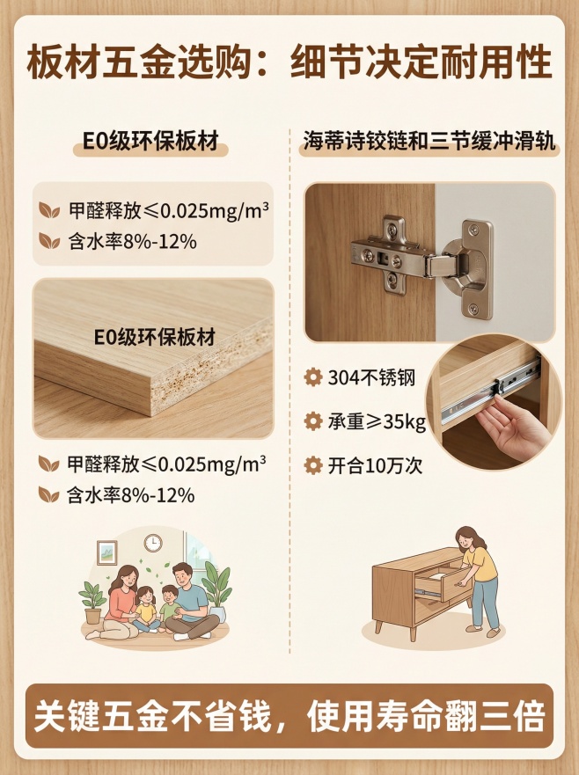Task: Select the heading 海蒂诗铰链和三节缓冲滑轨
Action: [429, 142]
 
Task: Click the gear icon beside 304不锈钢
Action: [312, 378]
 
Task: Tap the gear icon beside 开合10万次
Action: [312, 465]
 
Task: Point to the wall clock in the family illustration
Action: [152, 542]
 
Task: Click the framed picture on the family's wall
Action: [107, 552]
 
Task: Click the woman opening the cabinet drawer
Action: [478, 576]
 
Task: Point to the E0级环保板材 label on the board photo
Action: [154, 337]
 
